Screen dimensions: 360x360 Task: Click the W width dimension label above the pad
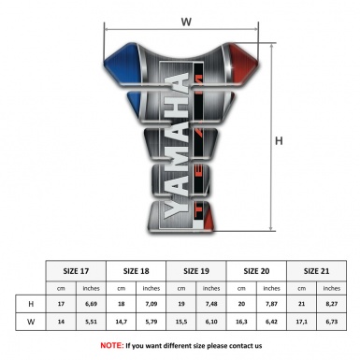(x=185, y=19)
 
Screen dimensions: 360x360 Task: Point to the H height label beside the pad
(x=280, y=142)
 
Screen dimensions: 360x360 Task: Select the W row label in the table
(x=33, y=323)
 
